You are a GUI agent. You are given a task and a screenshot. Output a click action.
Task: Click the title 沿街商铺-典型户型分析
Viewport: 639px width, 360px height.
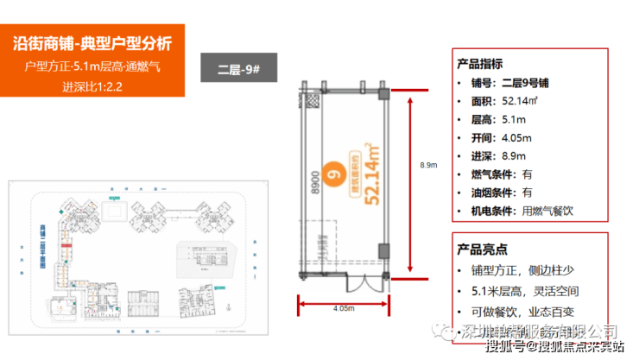[93, 43]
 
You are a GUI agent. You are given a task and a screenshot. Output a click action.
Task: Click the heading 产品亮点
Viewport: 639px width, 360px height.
[484, 249]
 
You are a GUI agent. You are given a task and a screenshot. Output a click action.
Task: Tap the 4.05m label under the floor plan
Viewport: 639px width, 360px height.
[343, 307]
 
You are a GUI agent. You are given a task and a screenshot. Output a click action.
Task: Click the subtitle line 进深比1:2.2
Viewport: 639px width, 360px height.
[93, 87]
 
